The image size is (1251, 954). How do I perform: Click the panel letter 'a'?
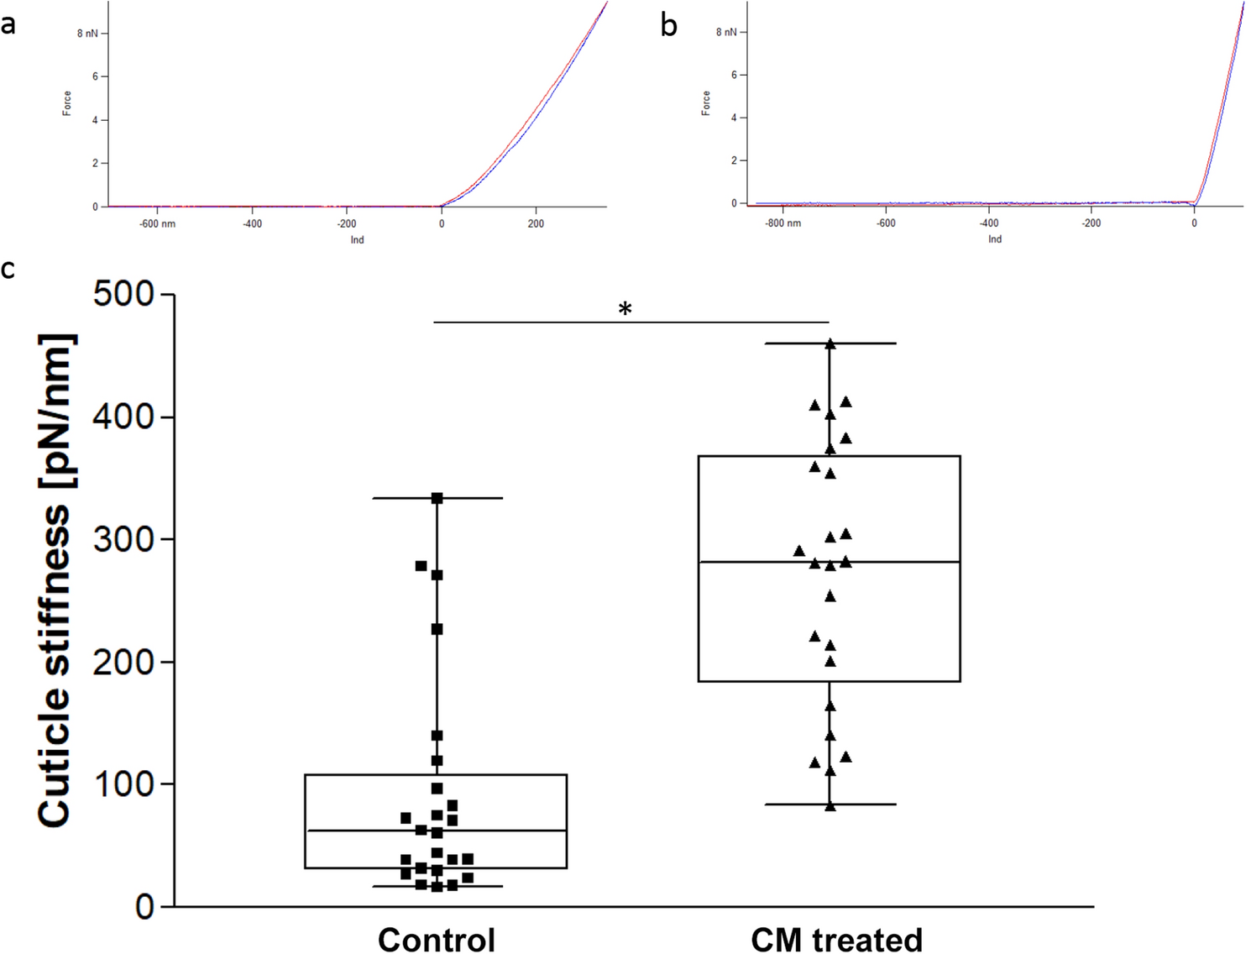coord(8,25)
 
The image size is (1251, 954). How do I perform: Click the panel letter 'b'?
coord(668,26)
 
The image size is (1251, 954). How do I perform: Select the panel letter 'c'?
coord(8,270)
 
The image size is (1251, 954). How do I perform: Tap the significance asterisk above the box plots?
coord(625,310)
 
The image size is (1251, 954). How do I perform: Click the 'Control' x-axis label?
coord(436,939)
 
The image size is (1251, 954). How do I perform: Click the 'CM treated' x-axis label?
coord(836,939)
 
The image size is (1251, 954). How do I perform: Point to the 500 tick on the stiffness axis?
coord(123,295)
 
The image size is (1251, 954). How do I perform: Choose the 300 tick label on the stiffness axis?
coord(123,539)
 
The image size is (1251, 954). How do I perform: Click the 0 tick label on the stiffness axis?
coord(144,907)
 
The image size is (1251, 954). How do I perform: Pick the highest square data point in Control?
coord(437,498)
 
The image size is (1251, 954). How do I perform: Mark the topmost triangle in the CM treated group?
coord(830,343)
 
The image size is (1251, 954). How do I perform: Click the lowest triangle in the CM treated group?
coord(830,805)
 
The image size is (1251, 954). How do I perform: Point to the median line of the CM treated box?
coord(829,561)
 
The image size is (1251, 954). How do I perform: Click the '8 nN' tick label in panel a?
coord(87,34)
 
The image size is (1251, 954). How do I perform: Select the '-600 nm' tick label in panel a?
coord(157,224)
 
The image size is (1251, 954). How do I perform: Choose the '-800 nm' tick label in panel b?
coord(783,223)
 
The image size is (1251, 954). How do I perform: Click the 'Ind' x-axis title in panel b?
coord(994,239)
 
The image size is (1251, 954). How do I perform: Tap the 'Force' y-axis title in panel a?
coord(66,103)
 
